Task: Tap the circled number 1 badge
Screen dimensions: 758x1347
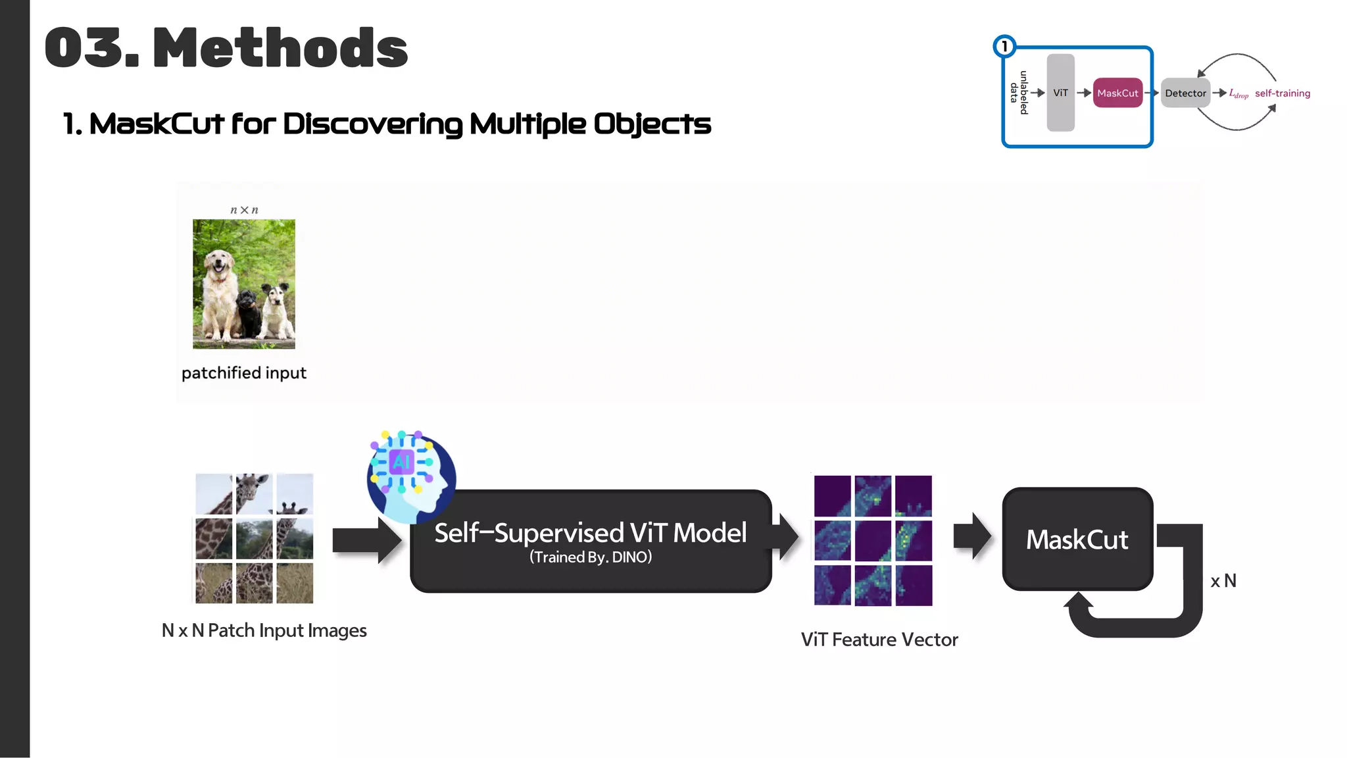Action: click(x=1004, y=47)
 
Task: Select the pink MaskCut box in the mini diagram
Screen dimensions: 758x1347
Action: click(x=1117, y=93)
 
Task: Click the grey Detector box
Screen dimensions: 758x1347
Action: click(x=1185, y=93)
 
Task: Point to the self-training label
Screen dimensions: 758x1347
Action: click(x=1282, y=93)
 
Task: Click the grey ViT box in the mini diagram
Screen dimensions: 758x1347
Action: click(x=1060, y=93)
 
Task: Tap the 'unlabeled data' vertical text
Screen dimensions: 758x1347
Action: click(x=1019, y=93)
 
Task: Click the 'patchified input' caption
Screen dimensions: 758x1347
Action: click(x=244, y=373)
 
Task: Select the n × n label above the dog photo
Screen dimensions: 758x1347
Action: click(x=244, y=210)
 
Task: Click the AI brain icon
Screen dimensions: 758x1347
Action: click(x=410, y=475)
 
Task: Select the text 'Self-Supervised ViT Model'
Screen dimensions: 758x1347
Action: click(x=590, y=532)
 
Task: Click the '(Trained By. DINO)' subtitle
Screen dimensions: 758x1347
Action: click(x=590, y=557)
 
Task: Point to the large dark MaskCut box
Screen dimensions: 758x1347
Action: click(x=1077, y=539)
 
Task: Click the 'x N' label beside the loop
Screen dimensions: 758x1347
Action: click(x=1223, y=581)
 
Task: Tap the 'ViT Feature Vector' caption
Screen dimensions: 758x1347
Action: click(x=879, y=640)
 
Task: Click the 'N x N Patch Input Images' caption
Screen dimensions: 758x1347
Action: click(x=264, y=630)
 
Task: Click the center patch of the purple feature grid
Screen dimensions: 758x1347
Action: click(x=873, y=540)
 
